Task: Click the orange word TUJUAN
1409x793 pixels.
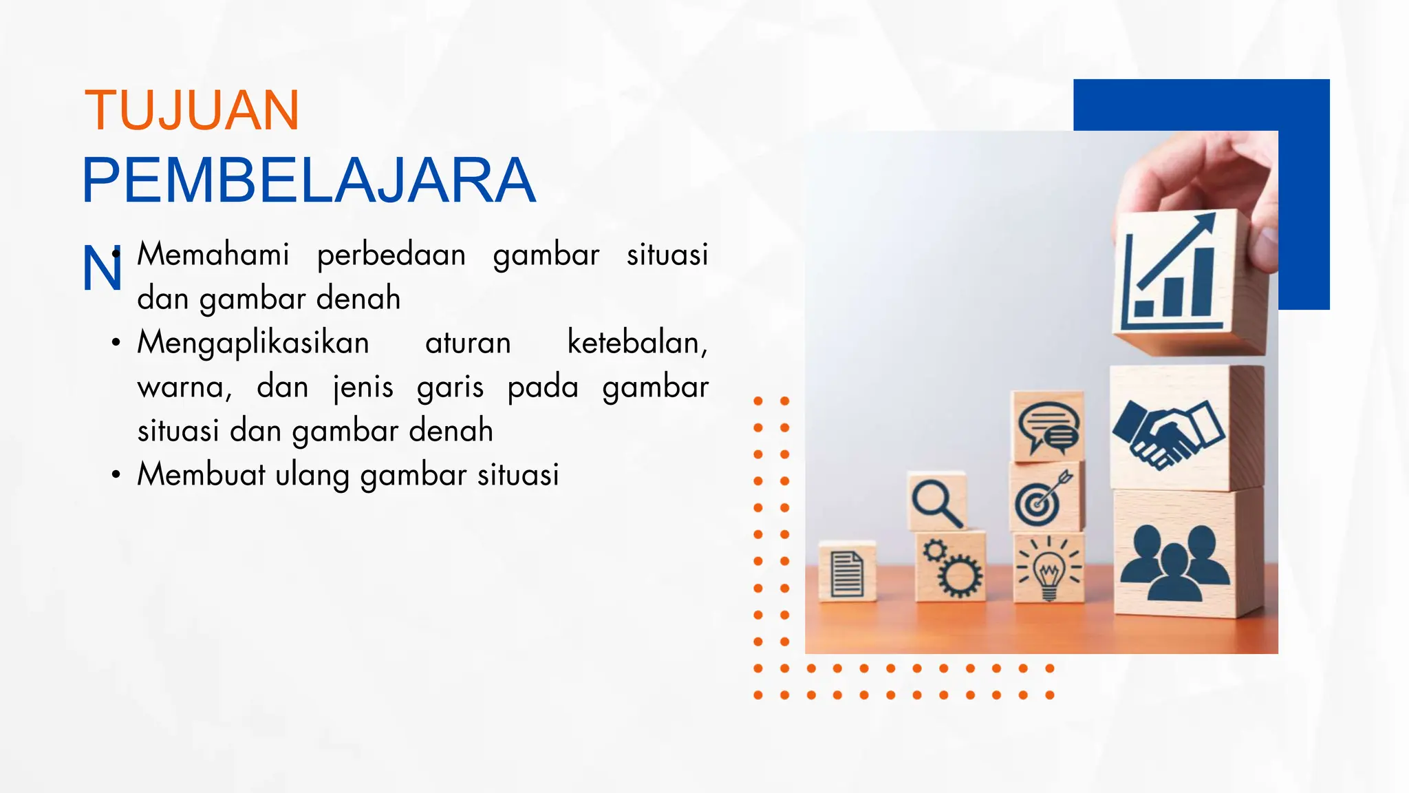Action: click(191, 110)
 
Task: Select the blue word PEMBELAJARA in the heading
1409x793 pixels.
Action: click(308, 180)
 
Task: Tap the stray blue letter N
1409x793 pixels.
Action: click(101, 269)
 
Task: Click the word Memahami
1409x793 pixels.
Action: click(213, 255)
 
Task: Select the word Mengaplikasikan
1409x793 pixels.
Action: click(253, 343)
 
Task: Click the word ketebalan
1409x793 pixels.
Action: click(636, 343)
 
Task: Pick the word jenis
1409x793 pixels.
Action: click(363, 387)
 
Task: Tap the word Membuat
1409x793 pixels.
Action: click(201, 475)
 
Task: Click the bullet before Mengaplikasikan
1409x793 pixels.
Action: click(116, 342)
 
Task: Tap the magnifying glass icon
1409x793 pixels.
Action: click(936, 503)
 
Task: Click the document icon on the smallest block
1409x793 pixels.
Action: click(847, 573)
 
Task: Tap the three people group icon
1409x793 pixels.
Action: click(1174, 562)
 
